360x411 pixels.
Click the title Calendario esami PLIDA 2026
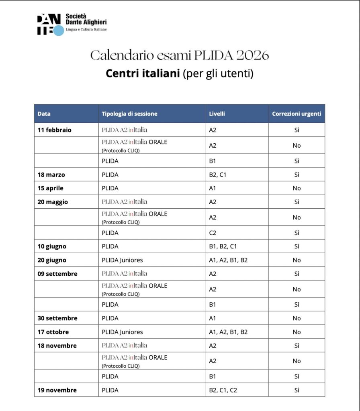(179, 55)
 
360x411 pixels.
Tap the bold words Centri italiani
(142, 74)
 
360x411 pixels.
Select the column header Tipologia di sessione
(129, 114)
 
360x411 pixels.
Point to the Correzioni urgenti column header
(297, 114)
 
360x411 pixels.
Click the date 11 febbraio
(55, 130)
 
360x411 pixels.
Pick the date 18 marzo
(51, 175)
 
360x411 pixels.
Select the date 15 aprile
(51, 188)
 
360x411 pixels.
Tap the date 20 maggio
(53, 202)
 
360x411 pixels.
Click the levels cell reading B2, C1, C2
(223, 390)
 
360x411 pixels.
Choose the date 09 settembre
(57, 274)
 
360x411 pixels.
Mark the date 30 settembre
(57, 318)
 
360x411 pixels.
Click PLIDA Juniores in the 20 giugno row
(122, 260)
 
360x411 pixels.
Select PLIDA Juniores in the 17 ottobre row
(122, 332)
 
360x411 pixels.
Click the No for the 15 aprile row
(297, 188)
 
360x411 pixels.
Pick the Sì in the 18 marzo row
(297, 175)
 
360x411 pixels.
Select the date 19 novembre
(57, 390)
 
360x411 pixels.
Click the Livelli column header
(217, 114)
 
